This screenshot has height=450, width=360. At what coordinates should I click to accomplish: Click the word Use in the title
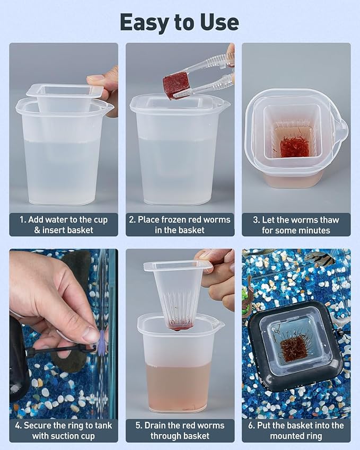pyautogui.click(x=220, y=22)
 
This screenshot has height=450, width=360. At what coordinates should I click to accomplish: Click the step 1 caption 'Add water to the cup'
pyautogui.click(x=68, y=220)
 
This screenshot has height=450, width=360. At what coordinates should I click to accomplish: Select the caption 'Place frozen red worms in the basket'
pyautogui.click(x=180, y=225)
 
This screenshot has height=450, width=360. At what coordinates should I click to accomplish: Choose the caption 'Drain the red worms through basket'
pyautogui.click(x=180, y=430)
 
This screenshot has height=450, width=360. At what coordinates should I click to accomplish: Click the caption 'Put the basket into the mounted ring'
pyautogui.click(x=296, y=430)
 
